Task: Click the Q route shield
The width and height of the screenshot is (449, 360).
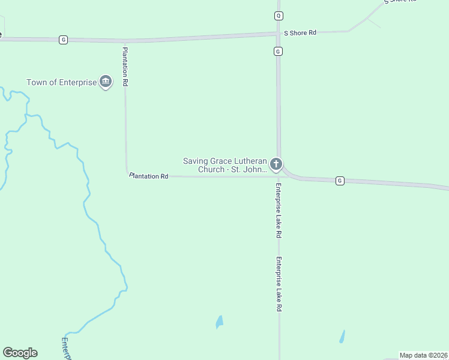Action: click(x=279, y=16)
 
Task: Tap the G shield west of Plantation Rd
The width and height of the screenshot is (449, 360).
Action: click(x=64, y=40)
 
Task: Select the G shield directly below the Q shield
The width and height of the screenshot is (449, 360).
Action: click(x=278, y=52)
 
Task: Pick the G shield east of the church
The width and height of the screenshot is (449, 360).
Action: click(x=340, y=181)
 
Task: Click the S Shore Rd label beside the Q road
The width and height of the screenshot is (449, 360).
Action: click(x=299, y=32)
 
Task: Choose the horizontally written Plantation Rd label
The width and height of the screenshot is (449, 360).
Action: click(x=148, y=176)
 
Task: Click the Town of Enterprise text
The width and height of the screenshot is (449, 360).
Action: click(x=61, y=82)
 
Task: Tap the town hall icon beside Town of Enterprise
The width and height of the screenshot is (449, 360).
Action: click(x=106, y=82)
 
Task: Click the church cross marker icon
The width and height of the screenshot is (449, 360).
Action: click(x=276, y=164)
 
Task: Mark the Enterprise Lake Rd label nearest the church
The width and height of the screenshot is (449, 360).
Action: click(x=279, y=210)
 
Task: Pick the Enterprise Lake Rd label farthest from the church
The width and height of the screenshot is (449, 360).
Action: click(x=279, y=284)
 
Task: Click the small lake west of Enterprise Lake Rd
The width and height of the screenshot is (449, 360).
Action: click(x=219, y=322)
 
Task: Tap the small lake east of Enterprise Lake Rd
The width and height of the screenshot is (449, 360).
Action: click(x=342, y=336)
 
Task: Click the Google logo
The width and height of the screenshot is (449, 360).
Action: click(x=20, y=353)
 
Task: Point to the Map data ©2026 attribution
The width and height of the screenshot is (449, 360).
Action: click(x=424, y=355)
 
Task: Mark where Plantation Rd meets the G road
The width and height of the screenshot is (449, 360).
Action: click(x=125, y=41)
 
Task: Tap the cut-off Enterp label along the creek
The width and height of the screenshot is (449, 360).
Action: click(x=66, y=349)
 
